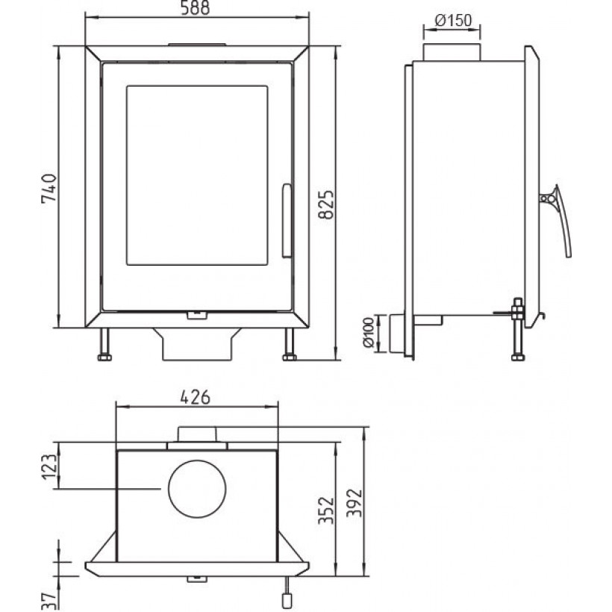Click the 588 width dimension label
196,7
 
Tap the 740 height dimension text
49,189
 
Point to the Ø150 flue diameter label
453,20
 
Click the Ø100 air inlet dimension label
369,333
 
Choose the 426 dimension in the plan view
195,397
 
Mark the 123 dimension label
50,466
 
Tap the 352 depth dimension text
326,510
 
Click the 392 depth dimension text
355,503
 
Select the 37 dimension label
49,601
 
